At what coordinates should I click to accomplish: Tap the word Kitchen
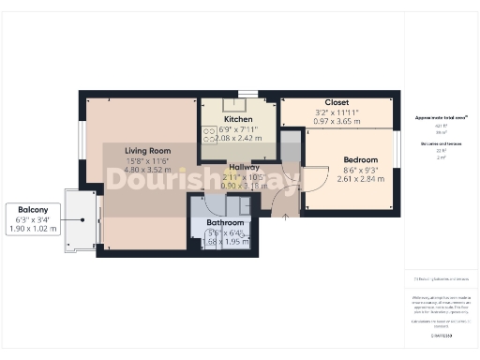click(x=239, y=120)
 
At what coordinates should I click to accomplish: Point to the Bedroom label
click(x=360, y=160)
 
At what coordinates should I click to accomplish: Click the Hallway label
click(x=244, y=167)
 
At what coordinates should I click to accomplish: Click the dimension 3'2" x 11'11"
click(x=337, y=112)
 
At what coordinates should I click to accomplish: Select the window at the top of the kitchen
click(x=247, y=93)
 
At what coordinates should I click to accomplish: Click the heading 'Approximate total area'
click(x=441, y=118)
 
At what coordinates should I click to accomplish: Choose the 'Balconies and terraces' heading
click(x=441, y=143)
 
